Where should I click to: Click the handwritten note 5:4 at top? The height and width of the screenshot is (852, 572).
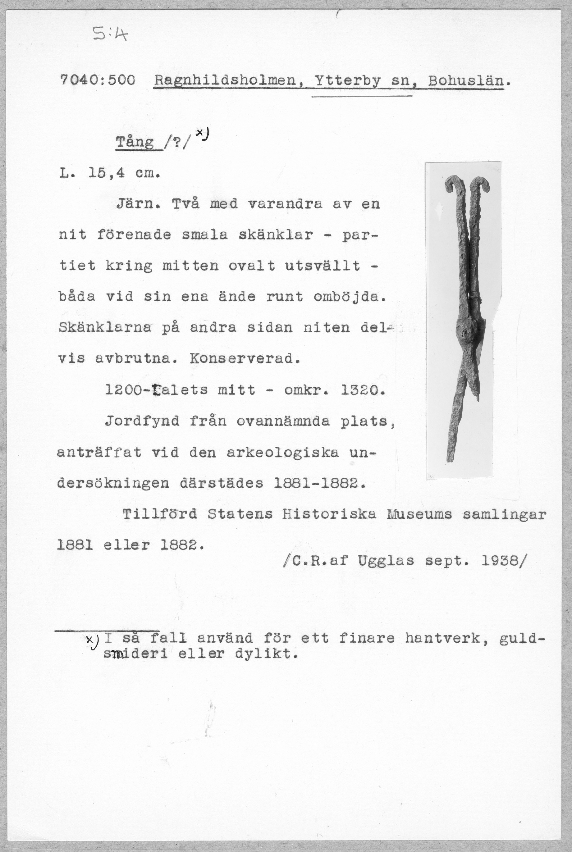pos(110,35)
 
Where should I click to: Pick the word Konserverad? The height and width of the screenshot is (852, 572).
pos(245,359)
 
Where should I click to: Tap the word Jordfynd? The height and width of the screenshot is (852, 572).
pos(142,421)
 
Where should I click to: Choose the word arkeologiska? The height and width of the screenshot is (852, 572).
pos(283,453)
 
